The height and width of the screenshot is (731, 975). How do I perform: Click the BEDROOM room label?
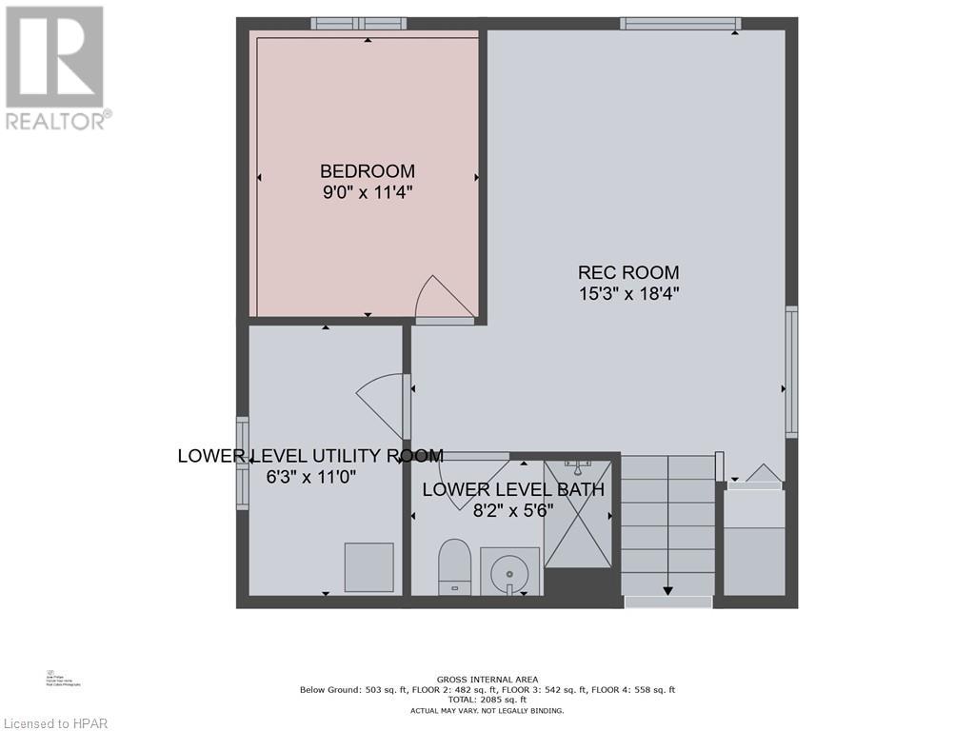pyautogui.click(x=367, y=171)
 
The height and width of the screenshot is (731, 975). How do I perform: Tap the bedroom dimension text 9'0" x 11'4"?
pyautogui.click(x=367, y=191)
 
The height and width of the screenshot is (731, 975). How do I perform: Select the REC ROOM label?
pyautogui.click(x=629, y=273)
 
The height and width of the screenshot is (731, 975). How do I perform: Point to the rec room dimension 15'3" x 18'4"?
pyautogui.click(x=629, y=293)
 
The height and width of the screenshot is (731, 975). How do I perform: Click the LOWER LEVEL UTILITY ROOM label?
pyautogui.click(x=310, y=456)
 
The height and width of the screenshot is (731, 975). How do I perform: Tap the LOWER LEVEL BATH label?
pyautogui.click(x=513, y=490)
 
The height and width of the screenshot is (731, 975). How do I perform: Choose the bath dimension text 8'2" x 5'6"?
pyautogui.click(x=513, y=509)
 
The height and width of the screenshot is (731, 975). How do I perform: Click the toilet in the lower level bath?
pyautogui.click(x=455, y=567)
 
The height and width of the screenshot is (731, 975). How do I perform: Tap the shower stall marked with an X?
pyautogui.click(x=578, y=513)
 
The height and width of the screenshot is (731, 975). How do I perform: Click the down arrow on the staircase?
pyautogui.click(x=667, y=589)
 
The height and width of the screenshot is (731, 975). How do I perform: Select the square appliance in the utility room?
pyautogui.click(x=368, y=566)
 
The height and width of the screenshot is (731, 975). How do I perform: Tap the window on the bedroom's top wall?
pyautogui.click(x=358, y=23)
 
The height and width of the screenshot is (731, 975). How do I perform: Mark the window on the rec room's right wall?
pyautogui.click(x=791, y=371)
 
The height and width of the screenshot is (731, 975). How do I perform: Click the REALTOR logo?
pyautogui.click(x=55, y=67)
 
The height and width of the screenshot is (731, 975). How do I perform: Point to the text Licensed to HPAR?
pyautogui.click(x=56, y=721)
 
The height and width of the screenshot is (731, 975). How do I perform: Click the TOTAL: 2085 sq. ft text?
pyautogui.click(x=487, y=700)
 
